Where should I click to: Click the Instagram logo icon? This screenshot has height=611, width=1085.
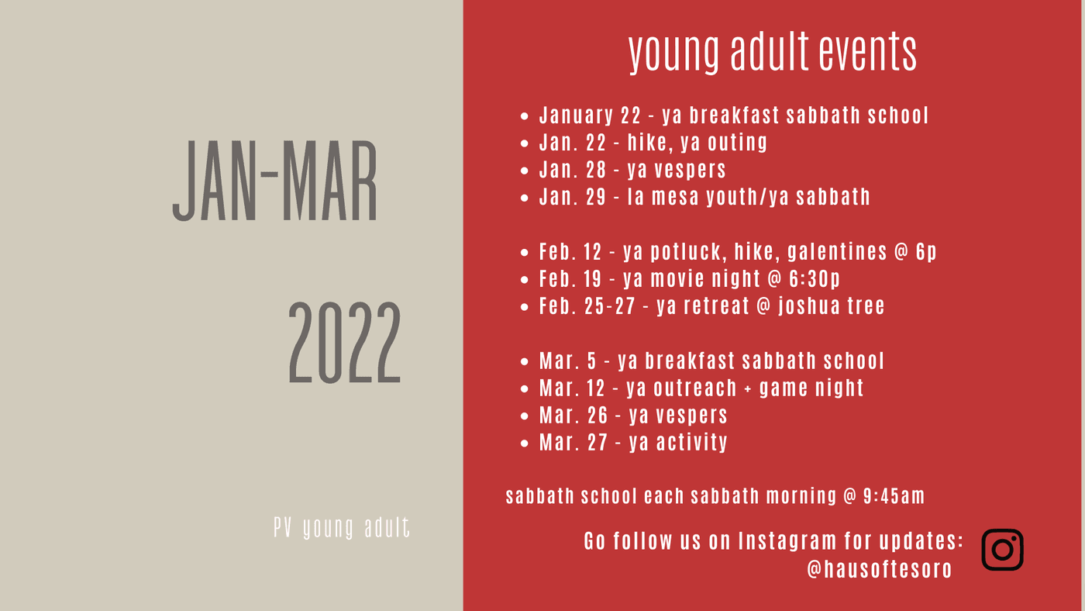coord(1002,550)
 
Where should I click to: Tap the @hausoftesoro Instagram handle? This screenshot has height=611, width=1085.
coord(880,569)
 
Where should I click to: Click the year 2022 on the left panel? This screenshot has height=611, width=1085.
coord(344,343)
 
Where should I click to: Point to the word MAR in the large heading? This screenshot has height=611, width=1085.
coord(329,181)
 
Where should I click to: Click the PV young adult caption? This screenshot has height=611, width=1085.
coord(342,528)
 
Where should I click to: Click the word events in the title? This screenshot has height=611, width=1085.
coord(867,51)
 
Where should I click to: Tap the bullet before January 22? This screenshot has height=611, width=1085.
coord(524,116)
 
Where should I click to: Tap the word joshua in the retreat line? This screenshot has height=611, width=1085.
coord(809,306)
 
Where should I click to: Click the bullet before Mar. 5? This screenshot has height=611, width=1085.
coord(524,361)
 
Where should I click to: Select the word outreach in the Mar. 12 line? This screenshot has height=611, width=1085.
coord(695,388)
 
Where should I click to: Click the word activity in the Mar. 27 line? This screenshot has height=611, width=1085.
coord(691,443)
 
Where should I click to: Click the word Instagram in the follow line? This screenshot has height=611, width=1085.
coord(787,541)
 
